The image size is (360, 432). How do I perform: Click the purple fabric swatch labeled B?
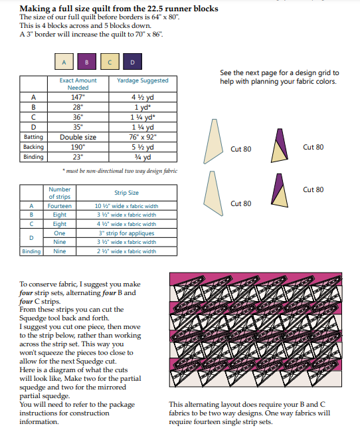point(87,61)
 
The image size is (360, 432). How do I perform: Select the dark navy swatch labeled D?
point(132,61)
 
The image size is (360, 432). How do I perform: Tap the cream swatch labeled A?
point(64,61)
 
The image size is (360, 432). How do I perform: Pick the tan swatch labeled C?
point(110,61)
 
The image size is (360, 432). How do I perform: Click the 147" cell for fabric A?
point(78,97)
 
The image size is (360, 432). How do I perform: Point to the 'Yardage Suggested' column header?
point(143,80)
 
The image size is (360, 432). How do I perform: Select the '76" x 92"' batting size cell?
point(143,137)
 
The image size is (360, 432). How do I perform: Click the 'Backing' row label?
point(33,147)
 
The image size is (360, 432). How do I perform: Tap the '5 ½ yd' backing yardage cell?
point(143,147)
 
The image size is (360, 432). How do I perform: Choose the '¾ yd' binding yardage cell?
point(143,157)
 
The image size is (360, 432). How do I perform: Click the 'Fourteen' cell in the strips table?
point(60,206)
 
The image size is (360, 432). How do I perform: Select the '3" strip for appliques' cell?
point(126,233)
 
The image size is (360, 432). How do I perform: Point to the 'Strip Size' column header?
point(126,193)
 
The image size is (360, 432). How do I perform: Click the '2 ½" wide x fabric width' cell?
point(126,251)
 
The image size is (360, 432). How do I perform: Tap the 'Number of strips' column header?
point(60,193)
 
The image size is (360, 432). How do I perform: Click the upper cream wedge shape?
point(213,142)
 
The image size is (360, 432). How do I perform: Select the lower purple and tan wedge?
point(280,190)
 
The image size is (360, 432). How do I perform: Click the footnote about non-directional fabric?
point(120,171)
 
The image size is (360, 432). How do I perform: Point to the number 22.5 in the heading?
point(155,9)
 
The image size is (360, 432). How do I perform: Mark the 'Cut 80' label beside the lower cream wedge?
point(240,203)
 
